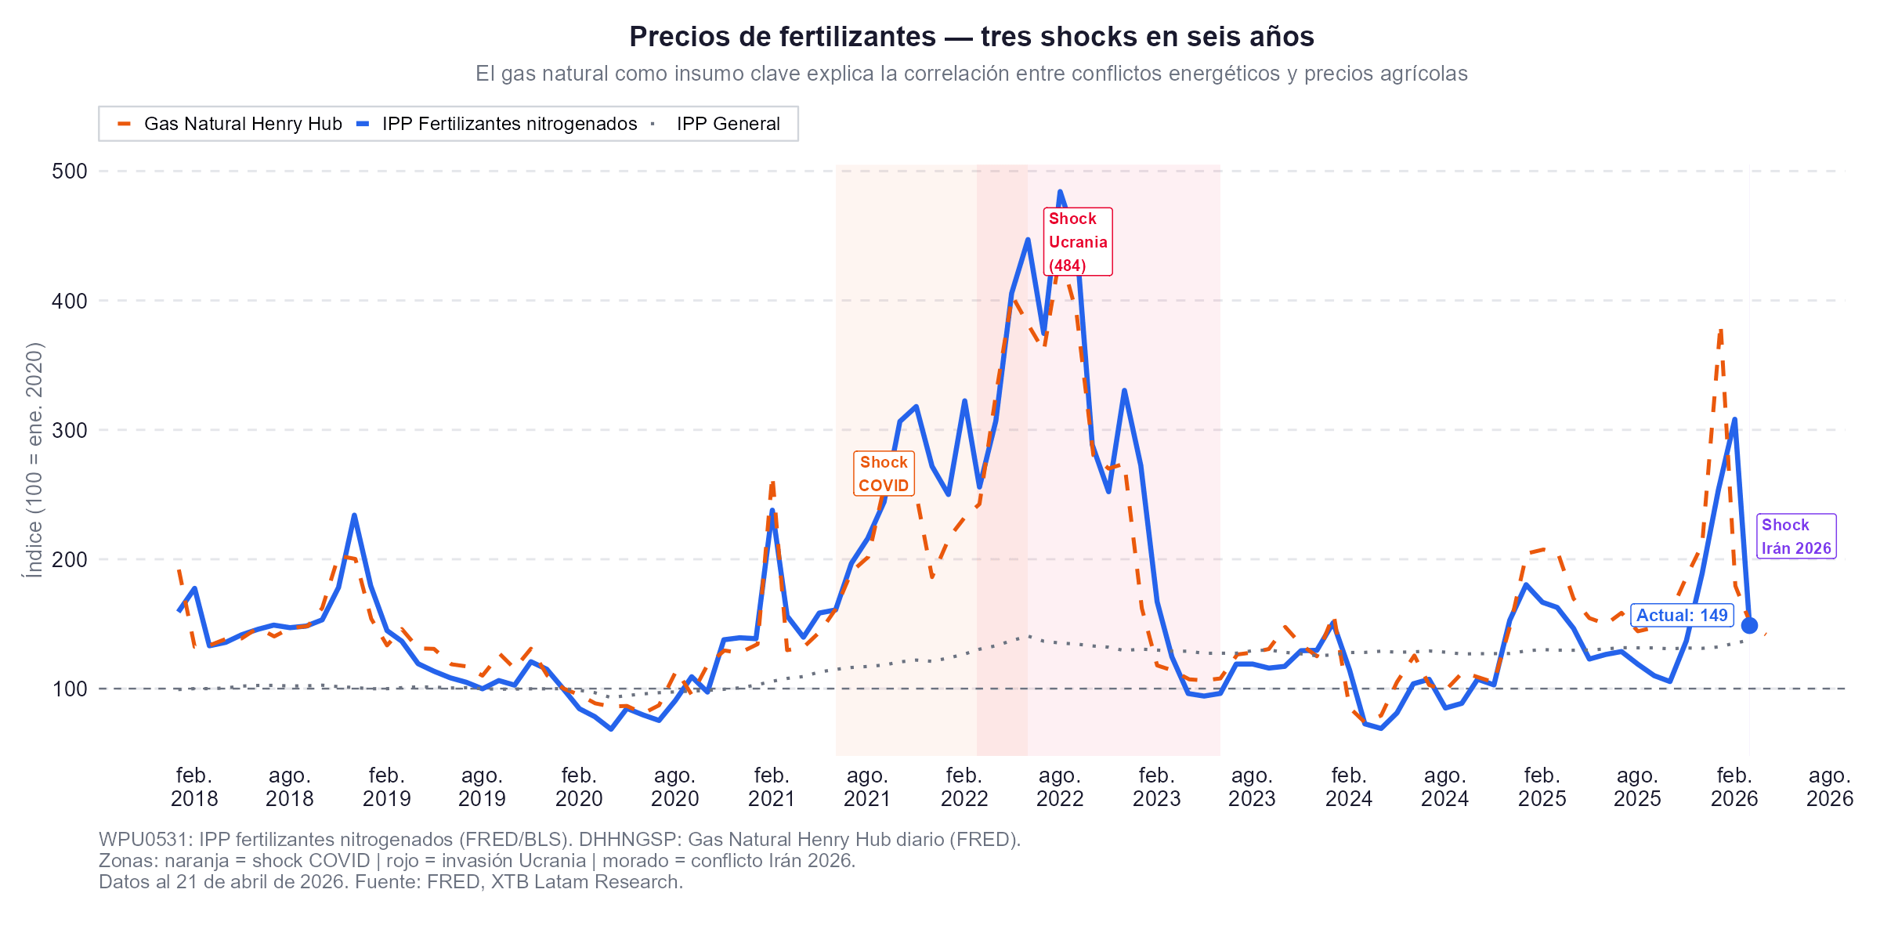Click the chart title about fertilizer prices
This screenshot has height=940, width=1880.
(971, 37)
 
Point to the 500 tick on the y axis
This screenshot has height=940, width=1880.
(70, 171)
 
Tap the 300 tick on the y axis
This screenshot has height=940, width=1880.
(70, 430)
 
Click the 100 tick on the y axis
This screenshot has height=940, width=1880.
(70, 689)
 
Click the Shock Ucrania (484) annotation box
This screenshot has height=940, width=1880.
(1078, 241)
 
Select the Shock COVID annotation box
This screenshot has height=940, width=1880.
(884, 474)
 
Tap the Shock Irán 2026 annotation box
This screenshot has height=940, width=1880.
(1796, 537)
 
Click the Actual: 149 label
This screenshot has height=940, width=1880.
(1682, 615)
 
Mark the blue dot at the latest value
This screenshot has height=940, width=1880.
(1749, 625)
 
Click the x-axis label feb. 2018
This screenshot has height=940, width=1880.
(194, 786)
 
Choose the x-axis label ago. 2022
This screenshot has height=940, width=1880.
(1060, 786)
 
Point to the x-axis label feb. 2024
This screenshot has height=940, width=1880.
(1348, 786)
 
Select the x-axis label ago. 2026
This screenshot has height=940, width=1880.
(1829, 786)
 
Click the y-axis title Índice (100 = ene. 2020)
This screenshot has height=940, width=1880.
(34, 461)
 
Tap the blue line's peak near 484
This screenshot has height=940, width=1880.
(1060, 191)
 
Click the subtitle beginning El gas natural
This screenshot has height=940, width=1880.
(971, 74)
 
